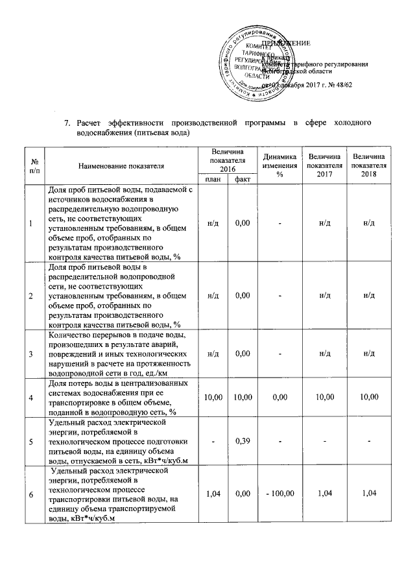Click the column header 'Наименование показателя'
[x=121, y=166]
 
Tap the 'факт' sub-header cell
[x=243, y=180]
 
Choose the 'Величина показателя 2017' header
[x=325, y=166]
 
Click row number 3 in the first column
[x=31, y=353]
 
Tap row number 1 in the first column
[x=31, y=224]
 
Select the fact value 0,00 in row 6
[x=243, y=494]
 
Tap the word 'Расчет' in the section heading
[x=90, y=123]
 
